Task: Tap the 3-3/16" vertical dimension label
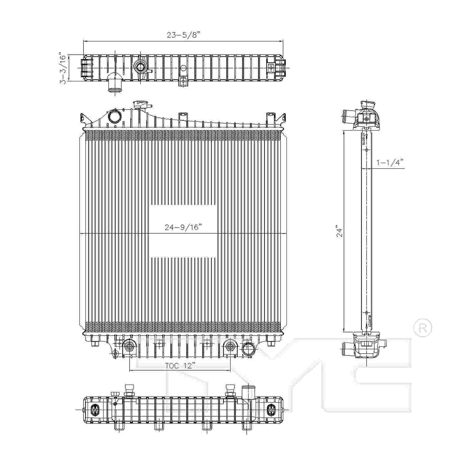tap(63, 68)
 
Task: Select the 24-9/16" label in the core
tap(183, 227)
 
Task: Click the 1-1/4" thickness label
tap(390, 162)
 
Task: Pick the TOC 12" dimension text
tap(180, 366)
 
